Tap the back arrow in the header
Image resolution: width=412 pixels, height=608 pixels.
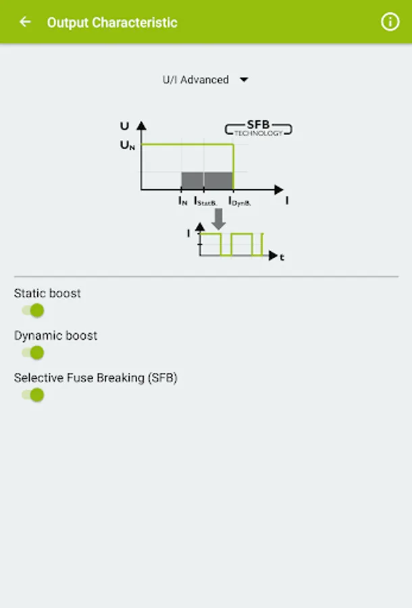tap(25, 22)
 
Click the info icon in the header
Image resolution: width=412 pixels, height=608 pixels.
tap(390, 22)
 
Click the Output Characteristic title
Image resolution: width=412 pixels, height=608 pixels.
tap(112, 22)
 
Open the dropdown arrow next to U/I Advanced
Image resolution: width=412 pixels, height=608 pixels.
tap(244, 80)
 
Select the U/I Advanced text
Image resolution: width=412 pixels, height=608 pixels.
tap(196, 80)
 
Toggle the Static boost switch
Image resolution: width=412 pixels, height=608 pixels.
tap(33, 311)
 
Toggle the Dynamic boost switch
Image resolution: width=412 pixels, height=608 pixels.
tap(33, 353)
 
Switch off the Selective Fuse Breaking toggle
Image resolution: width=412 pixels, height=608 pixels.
tap(33, 395)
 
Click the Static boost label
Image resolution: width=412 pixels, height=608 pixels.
tap(47, 293)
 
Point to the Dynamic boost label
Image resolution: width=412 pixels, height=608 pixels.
tap(55, 336)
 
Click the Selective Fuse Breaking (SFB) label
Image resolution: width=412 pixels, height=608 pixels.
tap(96, 378)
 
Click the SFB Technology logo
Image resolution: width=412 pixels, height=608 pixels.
tap(259, 128)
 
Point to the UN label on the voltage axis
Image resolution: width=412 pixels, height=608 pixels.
tap(128, 145)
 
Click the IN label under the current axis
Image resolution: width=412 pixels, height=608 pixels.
tap(183, 201)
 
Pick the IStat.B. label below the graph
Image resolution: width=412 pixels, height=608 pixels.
tap(205, 201)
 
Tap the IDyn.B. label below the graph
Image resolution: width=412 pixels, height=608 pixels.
tap(240, 201)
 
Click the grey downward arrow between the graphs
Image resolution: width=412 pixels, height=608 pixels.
tap(219, 219)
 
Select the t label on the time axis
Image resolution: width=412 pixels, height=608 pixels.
tap(282, 257)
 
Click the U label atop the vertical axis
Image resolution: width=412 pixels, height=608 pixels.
tap(124, 126)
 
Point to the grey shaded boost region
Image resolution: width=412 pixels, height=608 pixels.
tap(207, 180)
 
